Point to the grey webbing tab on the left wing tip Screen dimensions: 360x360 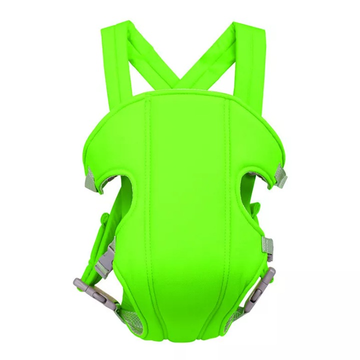click(x=91, y=176)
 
